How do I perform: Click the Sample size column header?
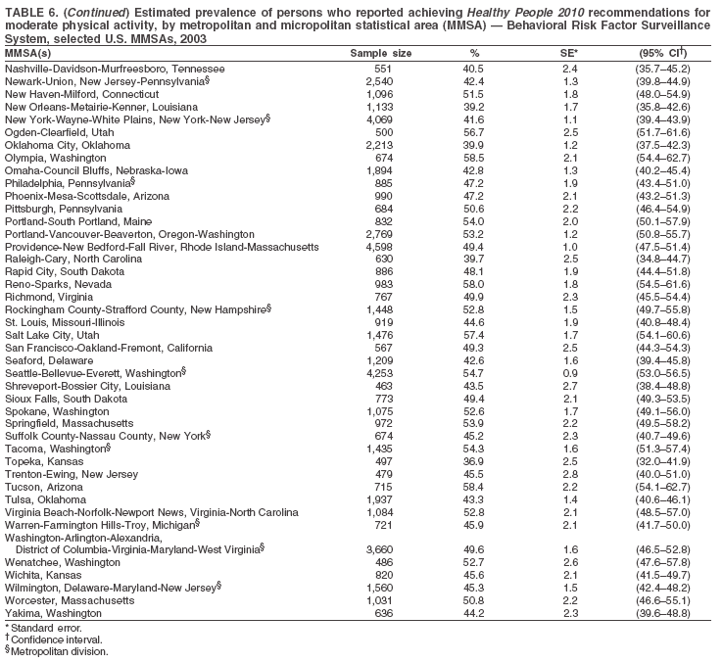pyautogui.click(x=381, y=52)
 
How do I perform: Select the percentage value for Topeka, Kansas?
pyautogui.click(x=474, y=460)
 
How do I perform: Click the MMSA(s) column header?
pyautogui.click(x=30, y=52)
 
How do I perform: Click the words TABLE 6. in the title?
pyautogui.click(x=30, y=10)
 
